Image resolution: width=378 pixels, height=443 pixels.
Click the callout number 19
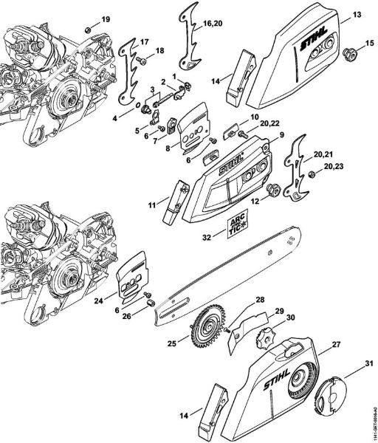(105, 18)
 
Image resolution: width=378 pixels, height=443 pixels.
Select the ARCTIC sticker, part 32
(236, 224)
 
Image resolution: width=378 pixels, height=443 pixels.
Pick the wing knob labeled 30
(264, 343)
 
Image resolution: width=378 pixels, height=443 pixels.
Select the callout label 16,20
(212, 24)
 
